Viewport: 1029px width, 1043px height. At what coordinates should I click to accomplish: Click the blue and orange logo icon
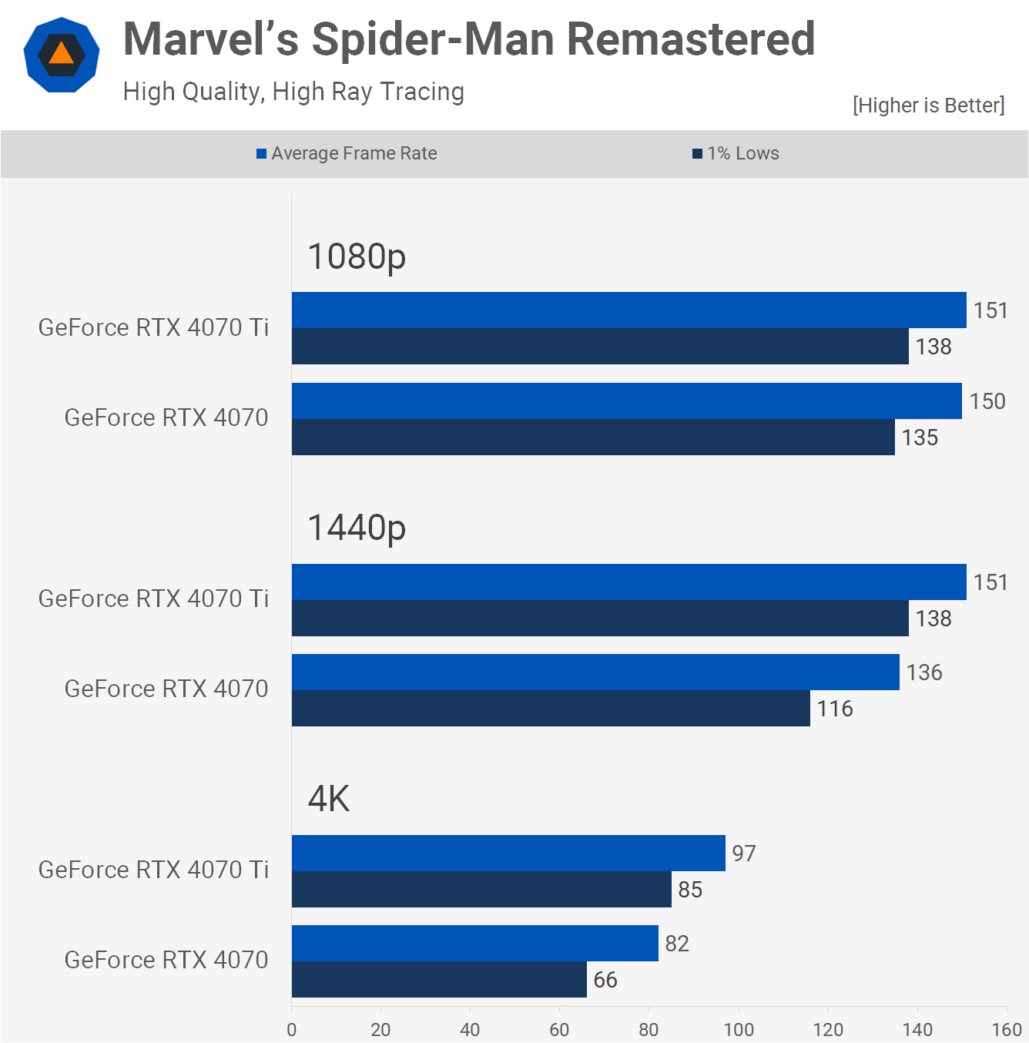(62, 55)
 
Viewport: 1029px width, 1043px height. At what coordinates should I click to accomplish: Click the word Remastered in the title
(690, 39)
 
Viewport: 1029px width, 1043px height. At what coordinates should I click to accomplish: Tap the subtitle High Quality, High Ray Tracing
(293, 92)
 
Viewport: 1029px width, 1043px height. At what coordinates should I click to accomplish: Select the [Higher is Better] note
(928, 106)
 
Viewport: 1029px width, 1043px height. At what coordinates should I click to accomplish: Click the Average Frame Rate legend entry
(347, 153)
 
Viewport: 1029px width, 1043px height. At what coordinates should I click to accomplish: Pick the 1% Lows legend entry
(736, 153)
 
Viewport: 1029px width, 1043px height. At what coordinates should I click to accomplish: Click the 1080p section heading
(357, 257)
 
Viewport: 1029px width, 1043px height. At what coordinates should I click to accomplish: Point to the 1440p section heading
(357, 528)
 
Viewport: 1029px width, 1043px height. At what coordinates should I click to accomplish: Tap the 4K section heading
(329, 799)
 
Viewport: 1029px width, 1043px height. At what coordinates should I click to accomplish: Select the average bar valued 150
(626, 401)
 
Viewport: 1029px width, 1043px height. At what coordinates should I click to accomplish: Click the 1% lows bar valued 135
(593, 438)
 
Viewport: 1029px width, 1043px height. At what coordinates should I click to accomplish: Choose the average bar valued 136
(595, 672)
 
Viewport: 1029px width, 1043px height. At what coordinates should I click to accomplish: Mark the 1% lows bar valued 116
(551, 709)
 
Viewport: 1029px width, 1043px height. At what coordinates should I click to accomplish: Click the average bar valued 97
(508, 854)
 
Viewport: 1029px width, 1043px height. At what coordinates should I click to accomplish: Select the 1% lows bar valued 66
(439, 980)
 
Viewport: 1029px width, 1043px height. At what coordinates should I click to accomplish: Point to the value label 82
(677, 944)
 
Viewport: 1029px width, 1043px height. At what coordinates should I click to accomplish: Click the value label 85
(690, 890)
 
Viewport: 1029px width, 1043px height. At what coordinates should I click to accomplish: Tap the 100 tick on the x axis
(739, 1029)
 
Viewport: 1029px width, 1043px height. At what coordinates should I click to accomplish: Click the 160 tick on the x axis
(1007, 1029)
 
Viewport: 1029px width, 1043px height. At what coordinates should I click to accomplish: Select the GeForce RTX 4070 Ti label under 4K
(153, 870)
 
